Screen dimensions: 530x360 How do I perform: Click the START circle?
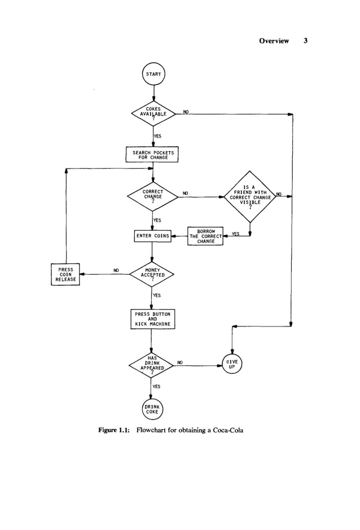coord(153,74)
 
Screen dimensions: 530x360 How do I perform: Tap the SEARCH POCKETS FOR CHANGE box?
coord(152,154)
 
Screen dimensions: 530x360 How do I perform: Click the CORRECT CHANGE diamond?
coord(152,196)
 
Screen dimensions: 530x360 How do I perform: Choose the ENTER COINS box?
coord(152,236)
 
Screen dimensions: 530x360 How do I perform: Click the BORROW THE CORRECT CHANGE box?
coord(205,236)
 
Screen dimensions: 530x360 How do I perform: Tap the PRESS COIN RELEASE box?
coord(65,274)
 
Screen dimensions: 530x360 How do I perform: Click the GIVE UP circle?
coord(232,364)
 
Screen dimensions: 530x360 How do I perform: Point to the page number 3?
coord(305,41)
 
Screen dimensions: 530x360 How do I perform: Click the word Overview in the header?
coord(274,41)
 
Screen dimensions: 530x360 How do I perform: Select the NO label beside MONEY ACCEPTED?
coord(116,270)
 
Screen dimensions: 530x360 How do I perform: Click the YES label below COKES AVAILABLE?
coord(157,136)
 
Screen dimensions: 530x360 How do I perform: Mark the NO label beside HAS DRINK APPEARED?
coord(179,362)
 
